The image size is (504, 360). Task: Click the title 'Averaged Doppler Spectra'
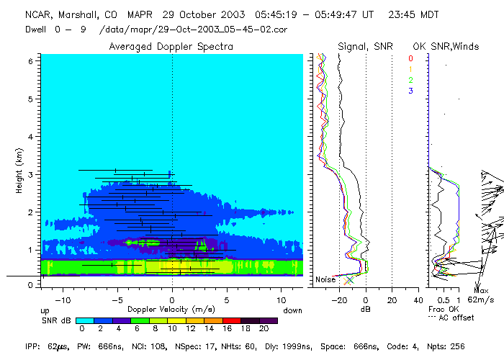[x=171, y=46]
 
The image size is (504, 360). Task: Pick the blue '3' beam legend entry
[x=410, y=90]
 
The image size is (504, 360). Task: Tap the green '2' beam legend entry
[x=410, y=79]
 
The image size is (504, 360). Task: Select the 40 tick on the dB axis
[x=418, y=291]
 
